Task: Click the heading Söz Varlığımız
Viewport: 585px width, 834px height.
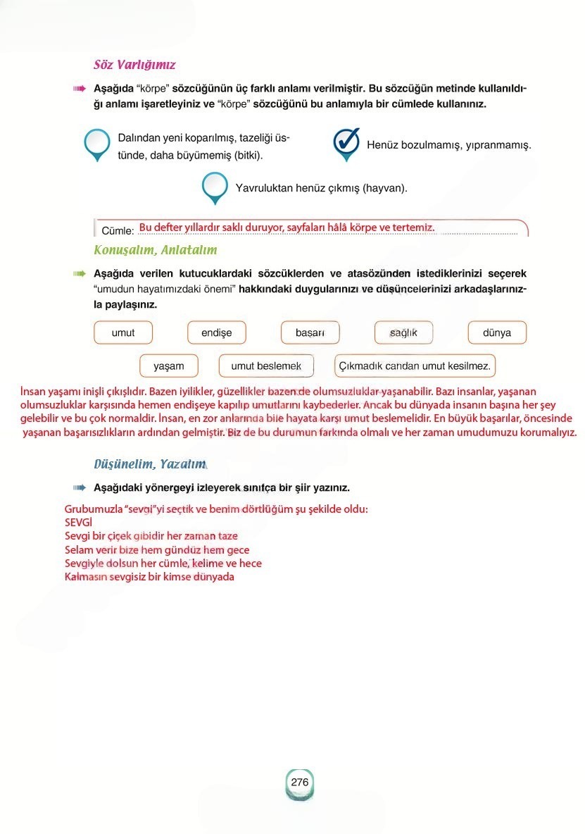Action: coord(134,65)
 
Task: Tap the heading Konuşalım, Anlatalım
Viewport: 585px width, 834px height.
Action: coord(155,250)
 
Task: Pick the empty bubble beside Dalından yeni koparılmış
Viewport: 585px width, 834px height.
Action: coord(96,143)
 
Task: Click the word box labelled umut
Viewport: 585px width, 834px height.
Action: coord(123,332)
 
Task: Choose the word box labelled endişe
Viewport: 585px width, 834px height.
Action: coord(216,332)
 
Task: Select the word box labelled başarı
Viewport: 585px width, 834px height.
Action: coord(310,332)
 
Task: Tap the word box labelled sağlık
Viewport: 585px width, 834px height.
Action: coord(403,332)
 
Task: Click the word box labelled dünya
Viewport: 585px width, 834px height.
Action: coord(497,332)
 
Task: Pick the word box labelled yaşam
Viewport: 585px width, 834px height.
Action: coord(169,366)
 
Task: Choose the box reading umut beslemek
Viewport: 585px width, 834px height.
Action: coord(266,366)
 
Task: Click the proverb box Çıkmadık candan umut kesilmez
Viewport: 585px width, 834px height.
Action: coord(415,366)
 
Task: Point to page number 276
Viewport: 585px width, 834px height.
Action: coord(299,782)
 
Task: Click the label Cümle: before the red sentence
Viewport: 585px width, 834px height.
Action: coord(118,230)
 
